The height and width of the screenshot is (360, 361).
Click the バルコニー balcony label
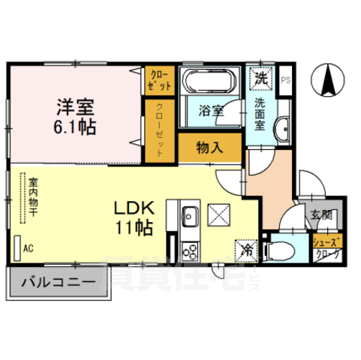[58, 283]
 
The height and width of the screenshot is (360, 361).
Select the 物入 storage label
[210, 148]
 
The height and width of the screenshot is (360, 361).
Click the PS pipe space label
[285, 79]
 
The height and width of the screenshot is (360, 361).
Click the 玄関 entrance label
[320, 217]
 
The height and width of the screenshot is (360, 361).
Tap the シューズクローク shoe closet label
[327, 248]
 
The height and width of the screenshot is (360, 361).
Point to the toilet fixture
[281, 248]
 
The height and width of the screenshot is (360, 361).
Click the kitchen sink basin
[189, 217]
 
